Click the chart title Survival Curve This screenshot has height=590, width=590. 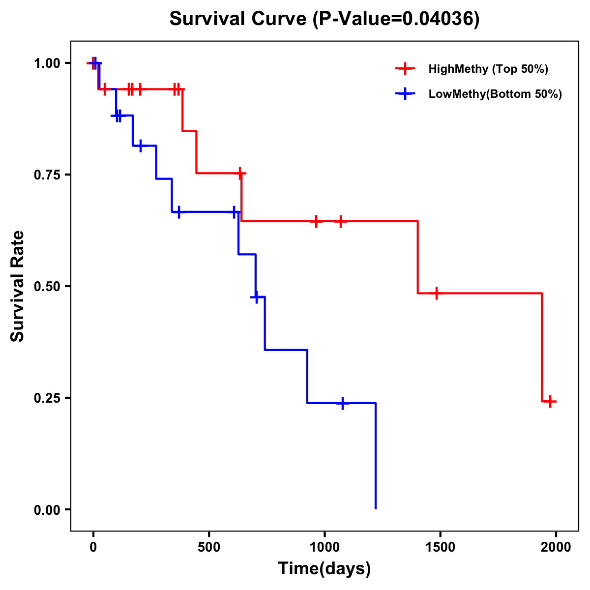(324, 19)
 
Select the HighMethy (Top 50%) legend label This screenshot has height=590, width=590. (488, 69)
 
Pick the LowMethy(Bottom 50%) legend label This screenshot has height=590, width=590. (495, 94)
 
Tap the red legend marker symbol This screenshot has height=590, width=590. (405, 69)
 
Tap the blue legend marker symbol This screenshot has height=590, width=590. (405, 94)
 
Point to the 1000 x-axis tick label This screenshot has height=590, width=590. (324, 547)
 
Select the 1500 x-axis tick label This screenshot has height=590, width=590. (440, 547)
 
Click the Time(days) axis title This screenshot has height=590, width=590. (324, 569)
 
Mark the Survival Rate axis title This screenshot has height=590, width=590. (18, 286)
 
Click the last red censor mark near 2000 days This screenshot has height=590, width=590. (551, 401)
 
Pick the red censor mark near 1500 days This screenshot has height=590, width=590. (436, 293)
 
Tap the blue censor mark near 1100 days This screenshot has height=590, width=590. (343, 403)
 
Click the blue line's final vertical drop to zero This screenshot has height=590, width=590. (376, 457)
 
